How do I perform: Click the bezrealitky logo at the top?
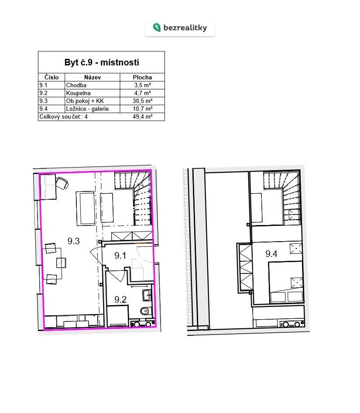(x=180, y=27)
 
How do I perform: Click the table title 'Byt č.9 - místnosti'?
(x=102, y=62)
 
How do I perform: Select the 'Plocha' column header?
(x=142, y=78)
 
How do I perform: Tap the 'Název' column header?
(x=93, y=78)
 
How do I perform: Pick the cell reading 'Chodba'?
(x=76, y=85)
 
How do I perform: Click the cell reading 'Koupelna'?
(x=78, y=93)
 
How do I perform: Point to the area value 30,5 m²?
(x=143, y=101)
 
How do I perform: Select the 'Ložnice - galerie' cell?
(x=87, y=109)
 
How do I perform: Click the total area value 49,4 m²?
(x=143, y=117)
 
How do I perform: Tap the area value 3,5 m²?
(x=143, y=85)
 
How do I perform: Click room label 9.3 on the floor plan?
(x=74, y=241)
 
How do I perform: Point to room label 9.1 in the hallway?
(x=120, y=256)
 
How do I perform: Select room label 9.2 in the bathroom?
(x=120, y=300)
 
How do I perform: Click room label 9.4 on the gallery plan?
(x=271, y=254)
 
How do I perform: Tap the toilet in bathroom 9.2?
(x=145, y=311)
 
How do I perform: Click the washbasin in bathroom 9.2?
(x=147, y=295)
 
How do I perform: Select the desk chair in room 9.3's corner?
(x=62, y=183)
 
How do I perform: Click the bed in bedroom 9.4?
(x=286, y=282)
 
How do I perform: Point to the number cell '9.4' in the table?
(x=44, y=109)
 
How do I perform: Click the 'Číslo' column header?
(x=51, y=78)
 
